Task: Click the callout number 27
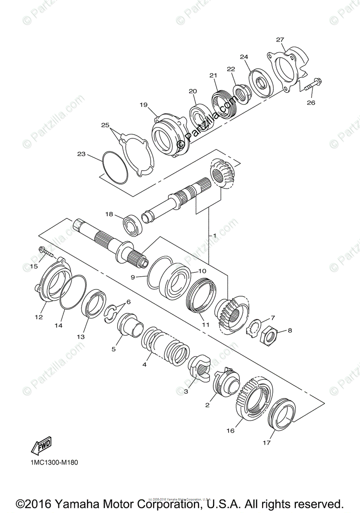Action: coord(280,40)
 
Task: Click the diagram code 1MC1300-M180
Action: coord(55,462)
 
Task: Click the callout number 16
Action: coord(230,430)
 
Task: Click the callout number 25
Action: coord(105,125)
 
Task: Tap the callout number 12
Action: coord(39,317)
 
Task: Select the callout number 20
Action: coord(192,91)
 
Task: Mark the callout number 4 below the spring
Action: coord(145,364)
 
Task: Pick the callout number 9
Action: coord(133,277)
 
